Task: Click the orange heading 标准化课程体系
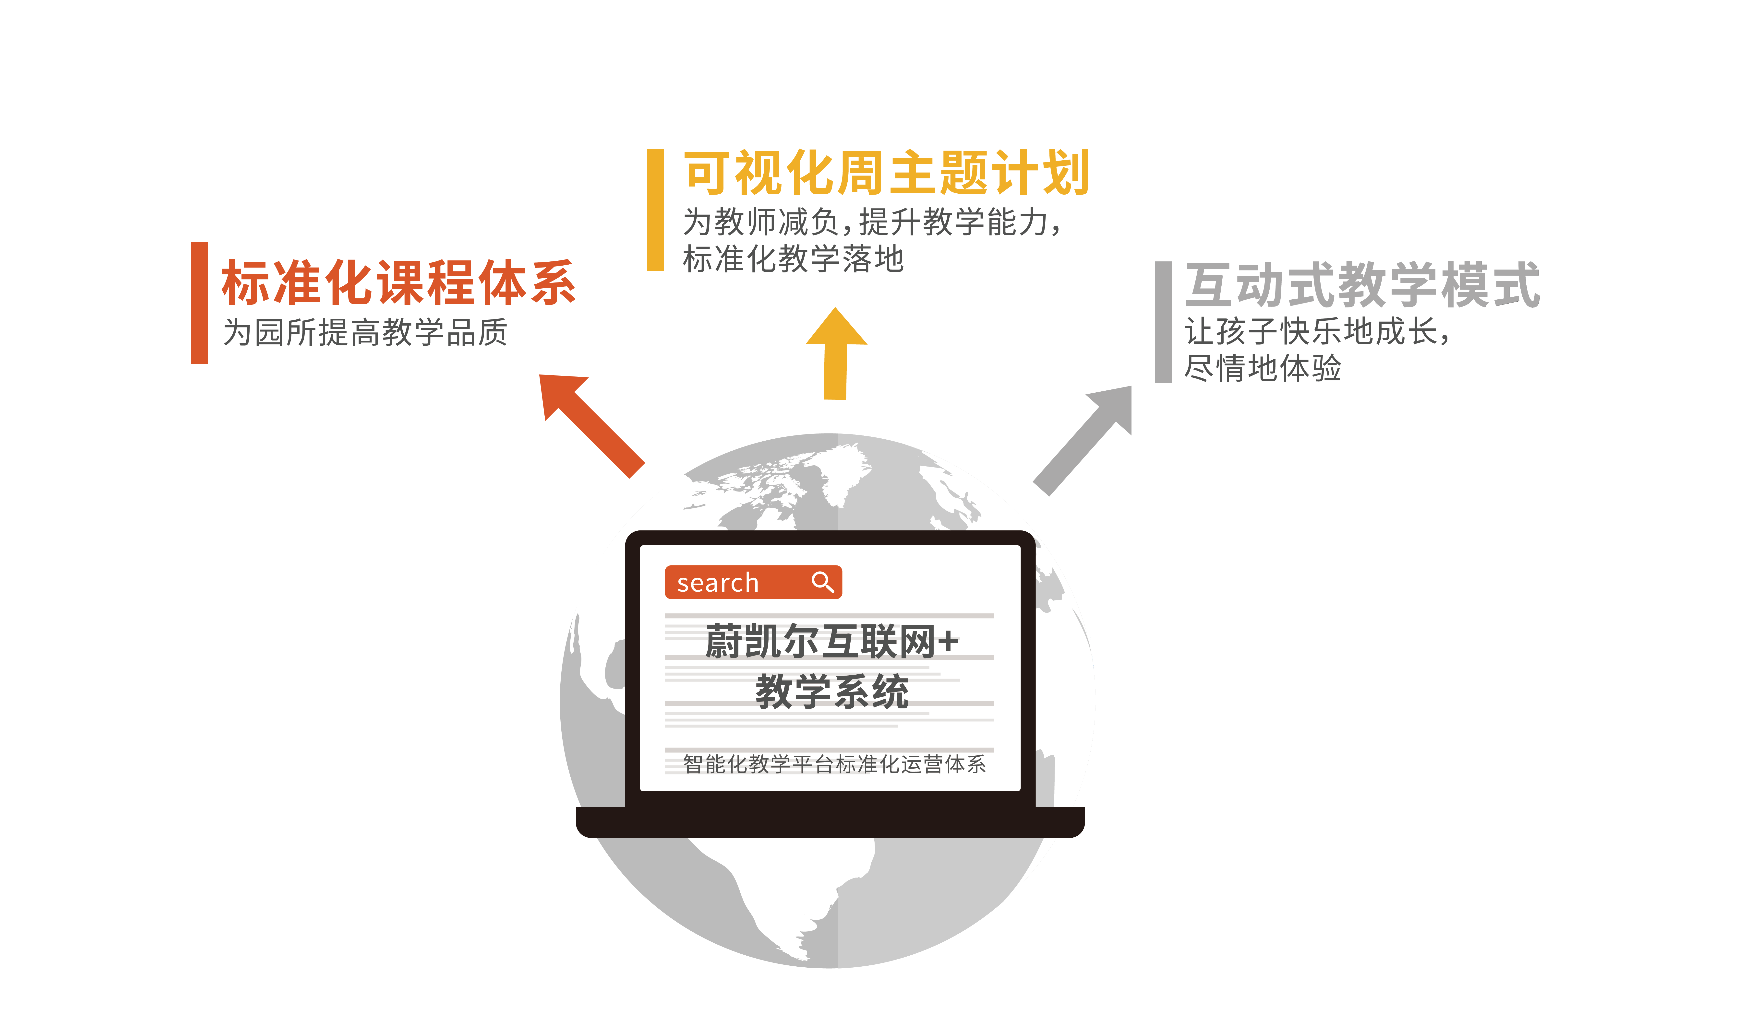(x=399, y=282)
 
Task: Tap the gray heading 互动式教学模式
(x=1363, y=285)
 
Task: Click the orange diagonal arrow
(x=592, y=426)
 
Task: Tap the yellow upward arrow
(x=836, y=353)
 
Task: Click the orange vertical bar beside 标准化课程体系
(x=199, y=303)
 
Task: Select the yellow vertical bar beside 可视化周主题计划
(x=656, y=210)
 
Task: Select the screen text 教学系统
(x=832, y=691)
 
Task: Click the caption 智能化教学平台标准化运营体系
(x=834, y=764)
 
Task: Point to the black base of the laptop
(x=830, y=822)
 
